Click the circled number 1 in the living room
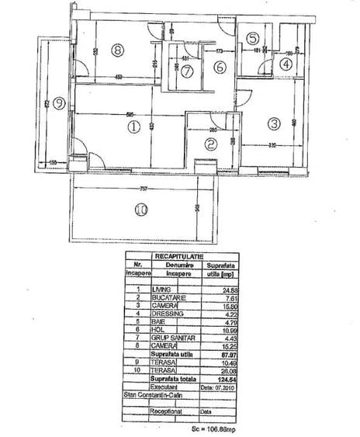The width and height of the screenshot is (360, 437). point(133,127)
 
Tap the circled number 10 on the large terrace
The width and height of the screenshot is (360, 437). point(141,209)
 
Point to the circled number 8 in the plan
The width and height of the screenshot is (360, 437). point(117,51)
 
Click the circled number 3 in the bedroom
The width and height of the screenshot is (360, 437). point(274,123)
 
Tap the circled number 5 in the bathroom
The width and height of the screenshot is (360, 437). point(253,38)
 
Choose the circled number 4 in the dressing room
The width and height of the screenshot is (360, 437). point(287,64)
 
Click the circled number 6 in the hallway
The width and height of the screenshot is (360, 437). point(220,68)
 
